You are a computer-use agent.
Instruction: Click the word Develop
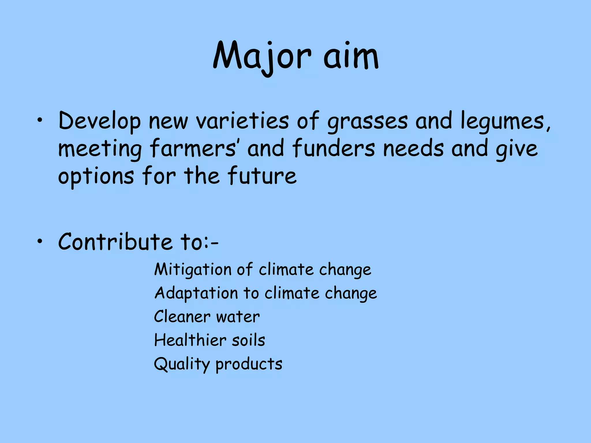tap(100, 121)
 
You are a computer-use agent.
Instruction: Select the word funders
tap(334, 148)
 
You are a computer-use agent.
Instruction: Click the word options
tap(96, 177)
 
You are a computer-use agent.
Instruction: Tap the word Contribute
tap(115, 241)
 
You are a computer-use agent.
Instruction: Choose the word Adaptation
tap(196, 294)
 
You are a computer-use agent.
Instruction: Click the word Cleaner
tap(182, 317)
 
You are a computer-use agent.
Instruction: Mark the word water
tap(238, 317)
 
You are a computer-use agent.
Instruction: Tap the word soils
tap(248, 340)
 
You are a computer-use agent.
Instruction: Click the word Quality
tap(182, 364)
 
